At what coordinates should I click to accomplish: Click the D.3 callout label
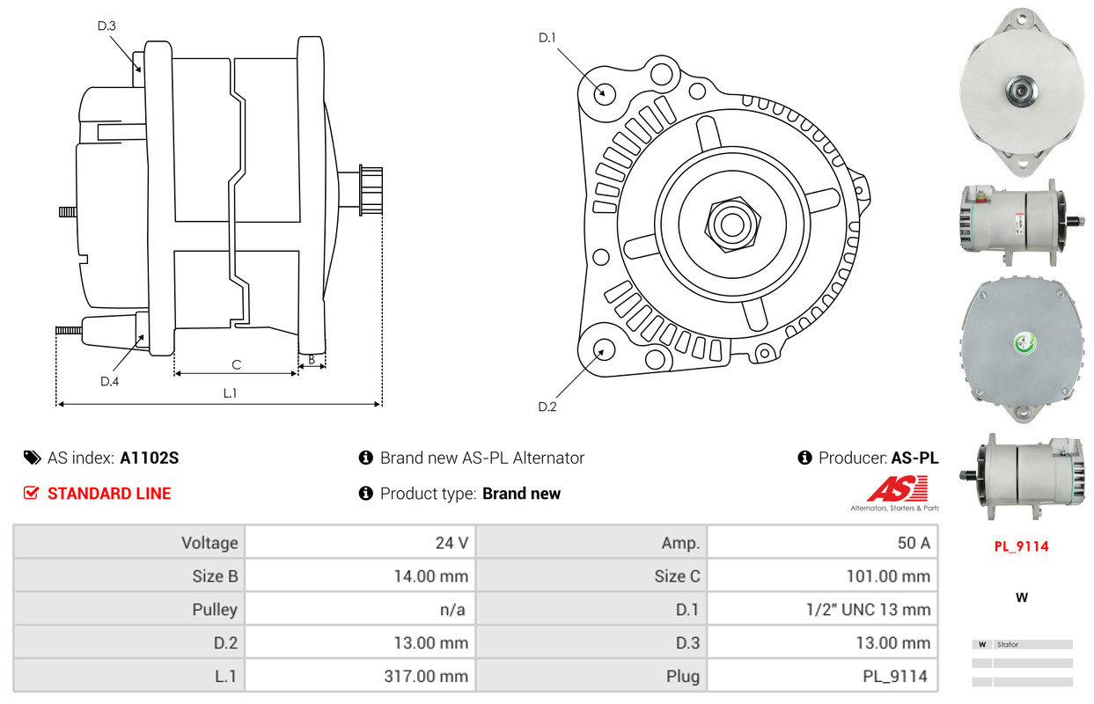(x=106, y=26)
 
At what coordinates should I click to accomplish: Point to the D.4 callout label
(x=109, y=381)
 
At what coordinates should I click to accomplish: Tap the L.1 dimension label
(x=230, y=393)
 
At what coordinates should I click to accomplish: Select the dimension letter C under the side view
(x=237, y=364)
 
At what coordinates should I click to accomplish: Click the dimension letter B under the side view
(x=312, y=360)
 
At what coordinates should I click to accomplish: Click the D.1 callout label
(x=547, y=38)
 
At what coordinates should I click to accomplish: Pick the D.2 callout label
(x=547, y=407)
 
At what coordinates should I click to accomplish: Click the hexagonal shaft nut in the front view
(x=732, y=224)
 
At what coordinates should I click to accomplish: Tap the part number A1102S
(x=150, y=458)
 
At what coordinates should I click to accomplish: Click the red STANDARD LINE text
(x=109, y=494)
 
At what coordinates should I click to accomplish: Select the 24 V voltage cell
(x=360, y=542)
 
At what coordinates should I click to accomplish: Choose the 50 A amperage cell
(x=822, y=542)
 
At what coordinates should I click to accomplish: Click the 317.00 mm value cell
(x=360, y=676)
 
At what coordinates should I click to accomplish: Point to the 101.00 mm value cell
(x=822, y=576)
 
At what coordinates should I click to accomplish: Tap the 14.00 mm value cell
(x=360, y=576)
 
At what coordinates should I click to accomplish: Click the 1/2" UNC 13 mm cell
(x=822, y=609)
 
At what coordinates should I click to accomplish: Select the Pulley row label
(x=215, y=609)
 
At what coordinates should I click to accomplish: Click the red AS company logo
(x=897, y=488)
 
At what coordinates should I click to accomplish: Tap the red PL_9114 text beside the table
(x=1021, y=546)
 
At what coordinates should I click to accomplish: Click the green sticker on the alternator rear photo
(x=1024, y=344)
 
